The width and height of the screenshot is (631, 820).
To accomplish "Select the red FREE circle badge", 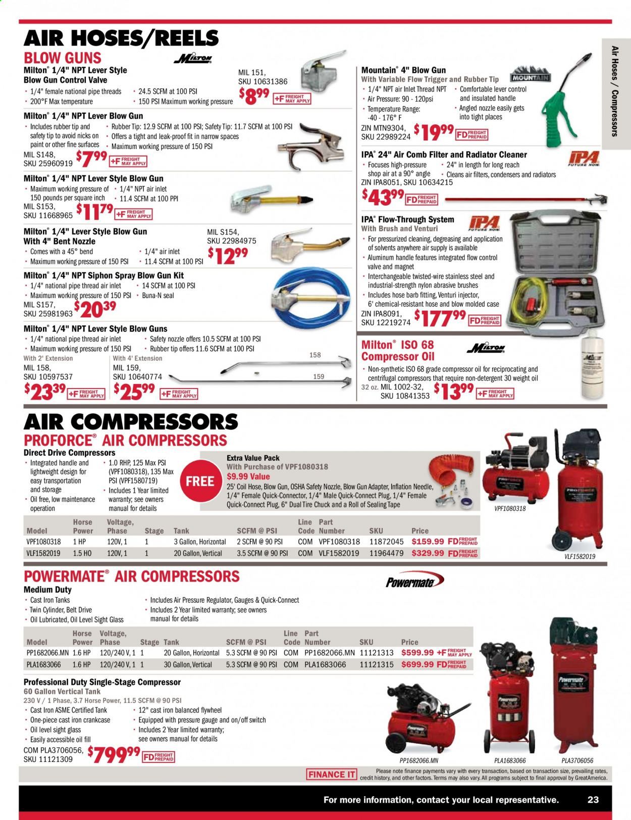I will click(x=200, y=481).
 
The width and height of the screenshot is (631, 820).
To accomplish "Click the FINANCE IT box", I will click(x=331, y=775).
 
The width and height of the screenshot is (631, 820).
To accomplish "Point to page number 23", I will click(x=593, y=800).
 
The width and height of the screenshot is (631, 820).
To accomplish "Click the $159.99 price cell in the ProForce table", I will click(x=420, y=541).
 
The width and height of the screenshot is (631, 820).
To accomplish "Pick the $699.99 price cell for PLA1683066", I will click(x=417, y=664).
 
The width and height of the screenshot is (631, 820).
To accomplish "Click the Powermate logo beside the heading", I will click(x=410, y=582).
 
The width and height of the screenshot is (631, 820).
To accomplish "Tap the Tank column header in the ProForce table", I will click(x=181, y=531).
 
